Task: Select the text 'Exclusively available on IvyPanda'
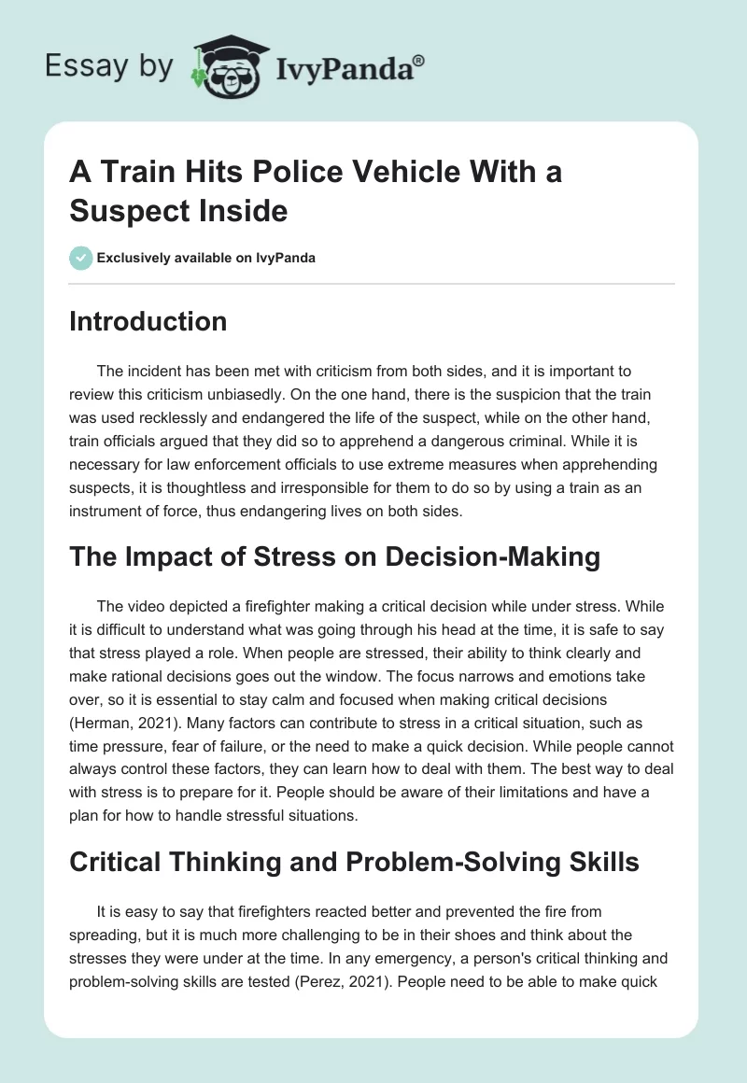(205, 258)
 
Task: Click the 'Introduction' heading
(148, 321)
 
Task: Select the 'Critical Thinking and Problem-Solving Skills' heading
(354, 862)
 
